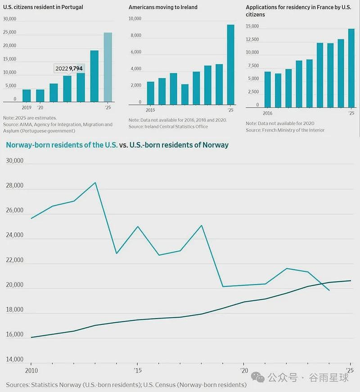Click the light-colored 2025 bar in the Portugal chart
[108, 67]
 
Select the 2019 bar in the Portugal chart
[27, 95]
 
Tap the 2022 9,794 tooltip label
[69, 68]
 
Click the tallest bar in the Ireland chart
[230, 64]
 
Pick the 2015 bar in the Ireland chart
[150, 93]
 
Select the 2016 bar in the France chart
[267, 90]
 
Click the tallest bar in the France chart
[351, 68]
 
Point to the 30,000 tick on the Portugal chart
[9, 19]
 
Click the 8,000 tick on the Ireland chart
[136, 35]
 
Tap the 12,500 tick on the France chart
[252, 39]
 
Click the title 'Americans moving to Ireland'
[163, 7]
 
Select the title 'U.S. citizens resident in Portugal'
[43, 7]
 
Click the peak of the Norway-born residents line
[95, 183]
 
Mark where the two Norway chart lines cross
[323, 284]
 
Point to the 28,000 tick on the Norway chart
[14, 185]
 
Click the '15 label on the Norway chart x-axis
[138, 370]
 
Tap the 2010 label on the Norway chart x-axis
[31, 370]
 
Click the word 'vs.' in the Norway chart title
[123, 145]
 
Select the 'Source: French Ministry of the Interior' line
[285, 130]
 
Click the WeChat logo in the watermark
[258, 377]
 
